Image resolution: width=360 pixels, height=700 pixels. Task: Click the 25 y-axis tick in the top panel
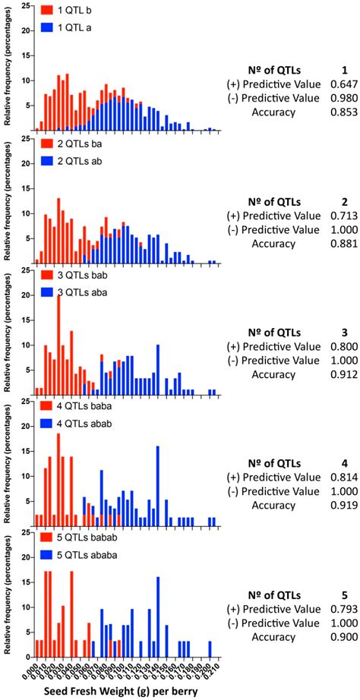[25, 7]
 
